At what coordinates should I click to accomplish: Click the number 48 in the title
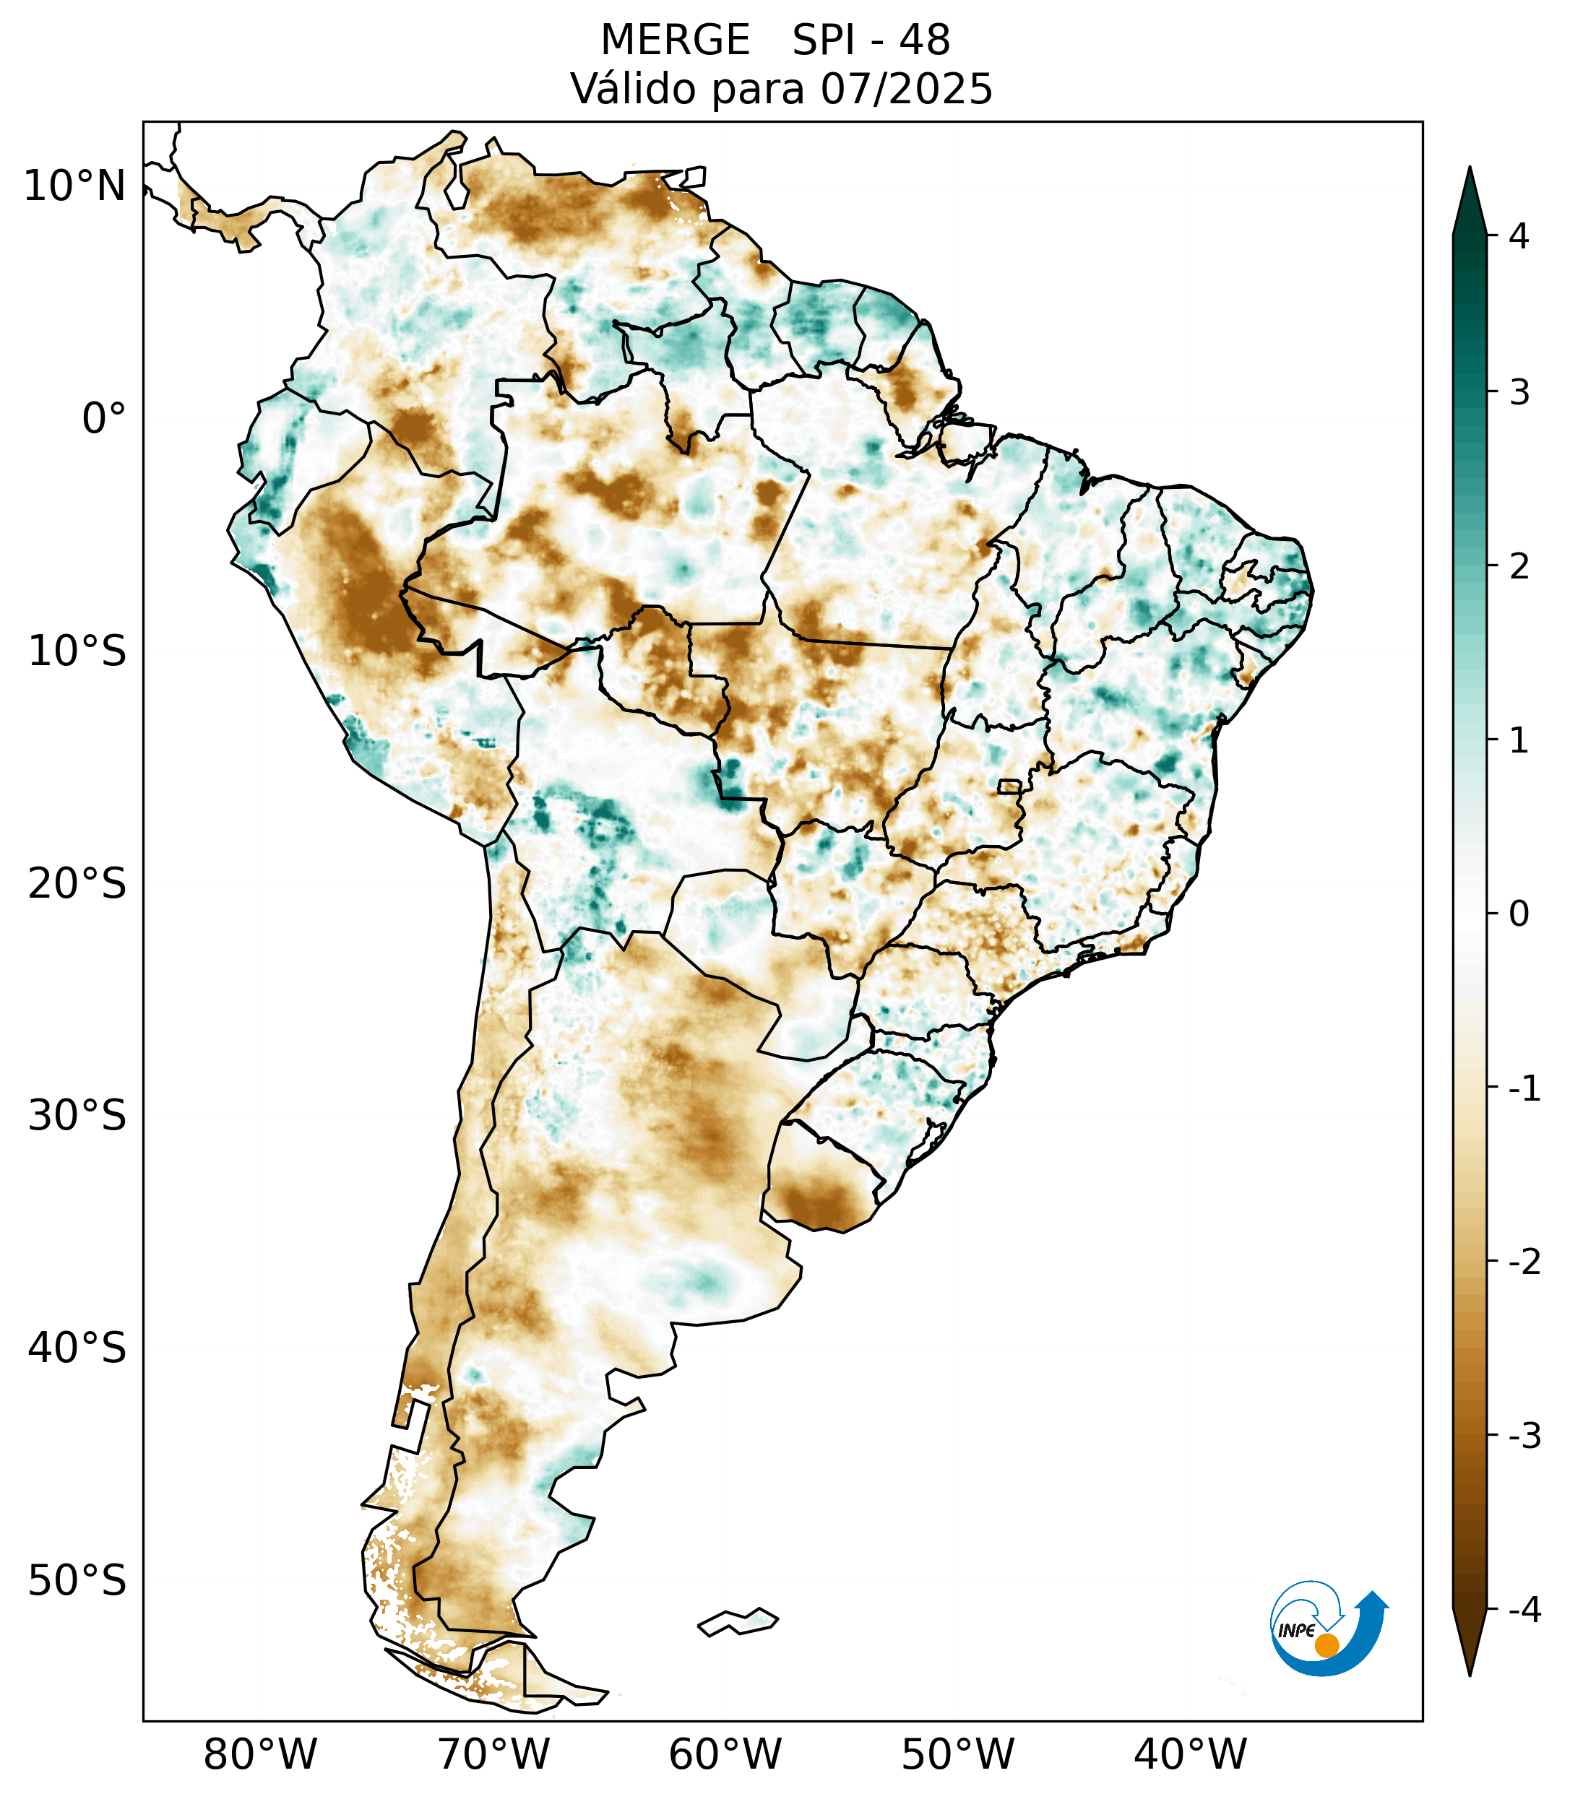[925, 40]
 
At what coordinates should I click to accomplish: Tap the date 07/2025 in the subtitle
[906, 89]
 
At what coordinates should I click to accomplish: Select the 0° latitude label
[103, 419]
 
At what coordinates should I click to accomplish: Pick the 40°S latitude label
[77, 1348]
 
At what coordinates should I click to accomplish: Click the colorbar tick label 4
[1519, 236]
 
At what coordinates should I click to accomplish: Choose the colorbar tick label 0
[1519, 914]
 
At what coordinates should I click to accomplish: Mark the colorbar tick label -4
[1524, 1610]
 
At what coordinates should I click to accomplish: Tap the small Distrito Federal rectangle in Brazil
[1010, 786]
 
